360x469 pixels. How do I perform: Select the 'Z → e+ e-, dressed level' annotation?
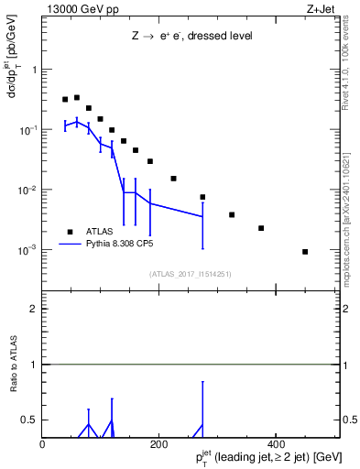[x=191, y=36]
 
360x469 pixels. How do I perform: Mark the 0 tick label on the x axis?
[x=42, y=443]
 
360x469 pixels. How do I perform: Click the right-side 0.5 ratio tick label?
[x=349, y=420]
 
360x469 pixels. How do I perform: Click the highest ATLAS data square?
[x=77, y=97]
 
